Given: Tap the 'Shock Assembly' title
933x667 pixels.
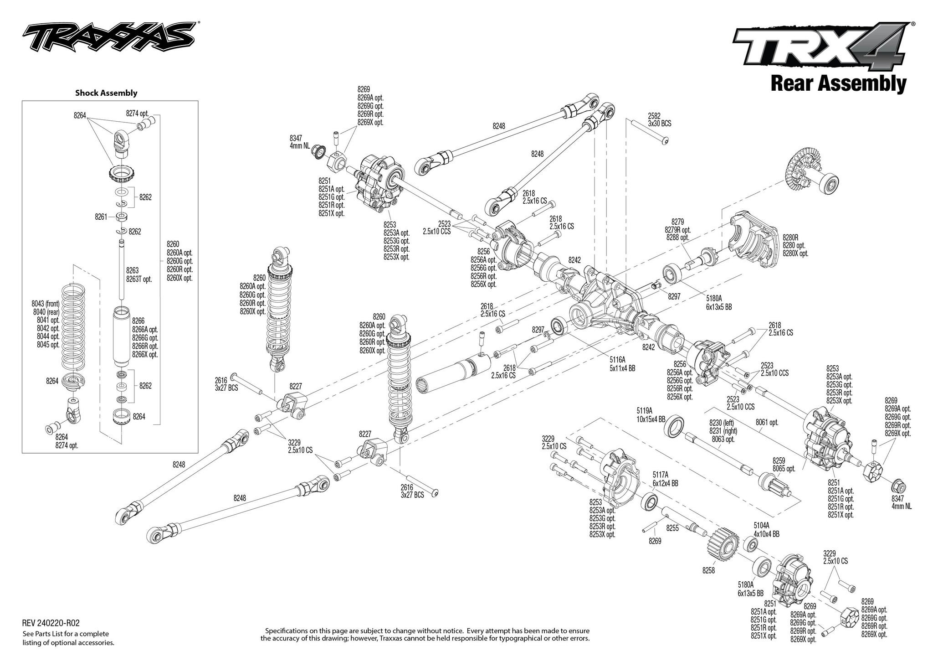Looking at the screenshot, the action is pyautogui.click(x=106, y=93).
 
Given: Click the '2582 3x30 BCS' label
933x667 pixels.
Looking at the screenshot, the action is pyautogui.click(x=659, y=120).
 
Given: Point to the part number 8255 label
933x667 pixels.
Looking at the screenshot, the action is pyautogui.click(x=673, y=528).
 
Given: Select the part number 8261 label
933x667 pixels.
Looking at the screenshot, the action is pyautogui.click(x=101, y=217).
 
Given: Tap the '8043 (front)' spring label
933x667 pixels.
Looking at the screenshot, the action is pyautogui.click(x=46, y=304).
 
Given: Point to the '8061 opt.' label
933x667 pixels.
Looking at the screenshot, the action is pyautogui.click(x=767, y=423).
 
